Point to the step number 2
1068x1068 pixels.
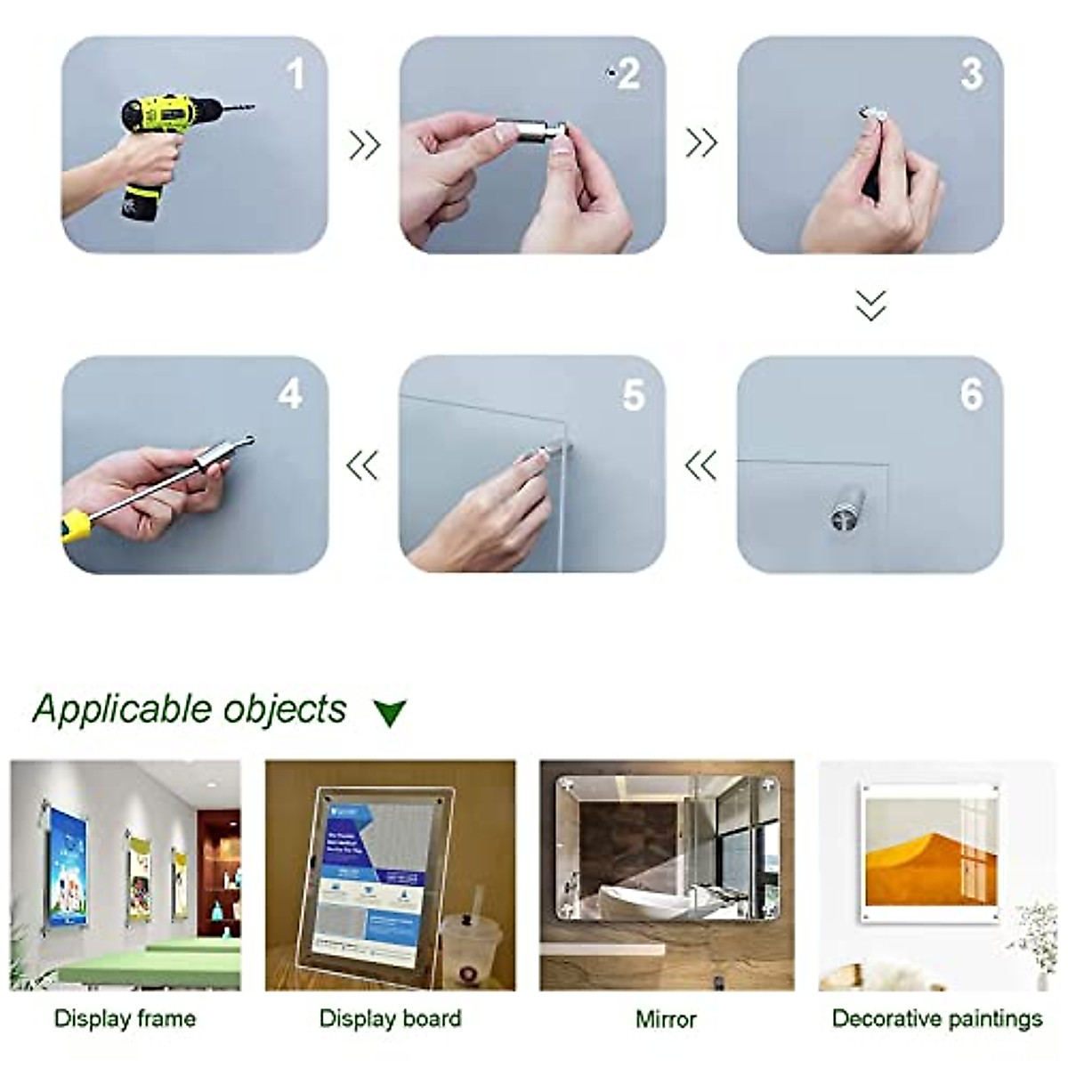pyautogui.click(x=629, y=74)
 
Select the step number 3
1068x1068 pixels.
pyautogui.click(x=972, y=74)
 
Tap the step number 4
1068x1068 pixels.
pyautogui.click(x=290, y=394)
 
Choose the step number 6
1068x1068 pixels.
pyautogui.click(x=972, y=394)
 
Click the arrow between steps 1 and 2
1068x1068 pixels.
pyautogui.click(x=364, y=144)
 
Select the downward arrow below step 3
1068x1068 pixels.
pyautogui.click(x=870, y=304)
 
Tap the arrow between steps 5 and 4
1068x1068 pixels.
pyautogui.click(x=363, y=465)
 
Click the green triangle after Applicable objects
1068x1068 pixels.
pyautogui.click(x=390, y=713)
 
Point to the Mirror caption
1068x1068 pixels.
pyautogui.click(x=666, y=1019)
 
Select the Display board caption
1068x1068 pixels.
pyautogui.click(x=390, y=1019)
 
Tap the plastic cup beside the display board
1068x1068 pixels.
pyautogui.click(x=471, y=949)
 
